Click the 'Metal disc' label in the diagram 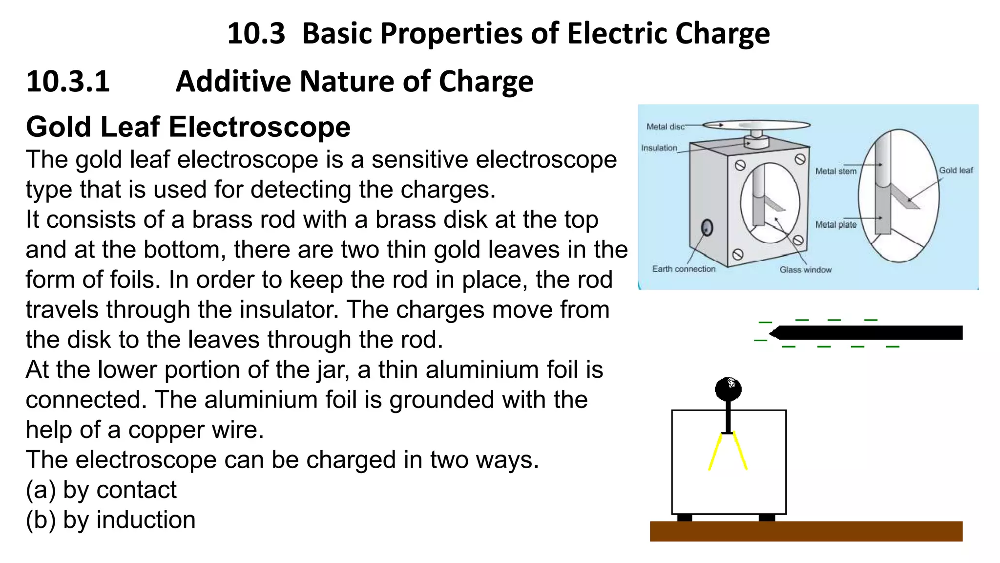tap(665, 127)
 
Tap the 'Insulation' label tap(659, 148)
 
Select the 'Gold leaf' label tap(956, 170)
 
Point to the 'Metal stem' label tap(835, 171)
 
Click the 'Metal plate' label tap(835, 224)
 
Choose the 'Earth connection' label tap(684, 269)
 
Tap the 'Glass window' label tap(805, 269)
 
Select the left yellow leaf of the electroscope tap(715, 452)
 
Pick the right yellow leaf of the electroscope tap(740, 452)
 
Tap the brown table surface tap(806, 531)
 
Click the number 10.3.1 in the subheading tap(68, 81)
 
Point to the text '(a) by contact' tap(101, 490)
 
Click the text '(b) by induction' tap(110, 520)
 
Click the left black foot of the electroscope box tap(685, 518)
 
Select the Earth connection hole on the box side tap(707, 227)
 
